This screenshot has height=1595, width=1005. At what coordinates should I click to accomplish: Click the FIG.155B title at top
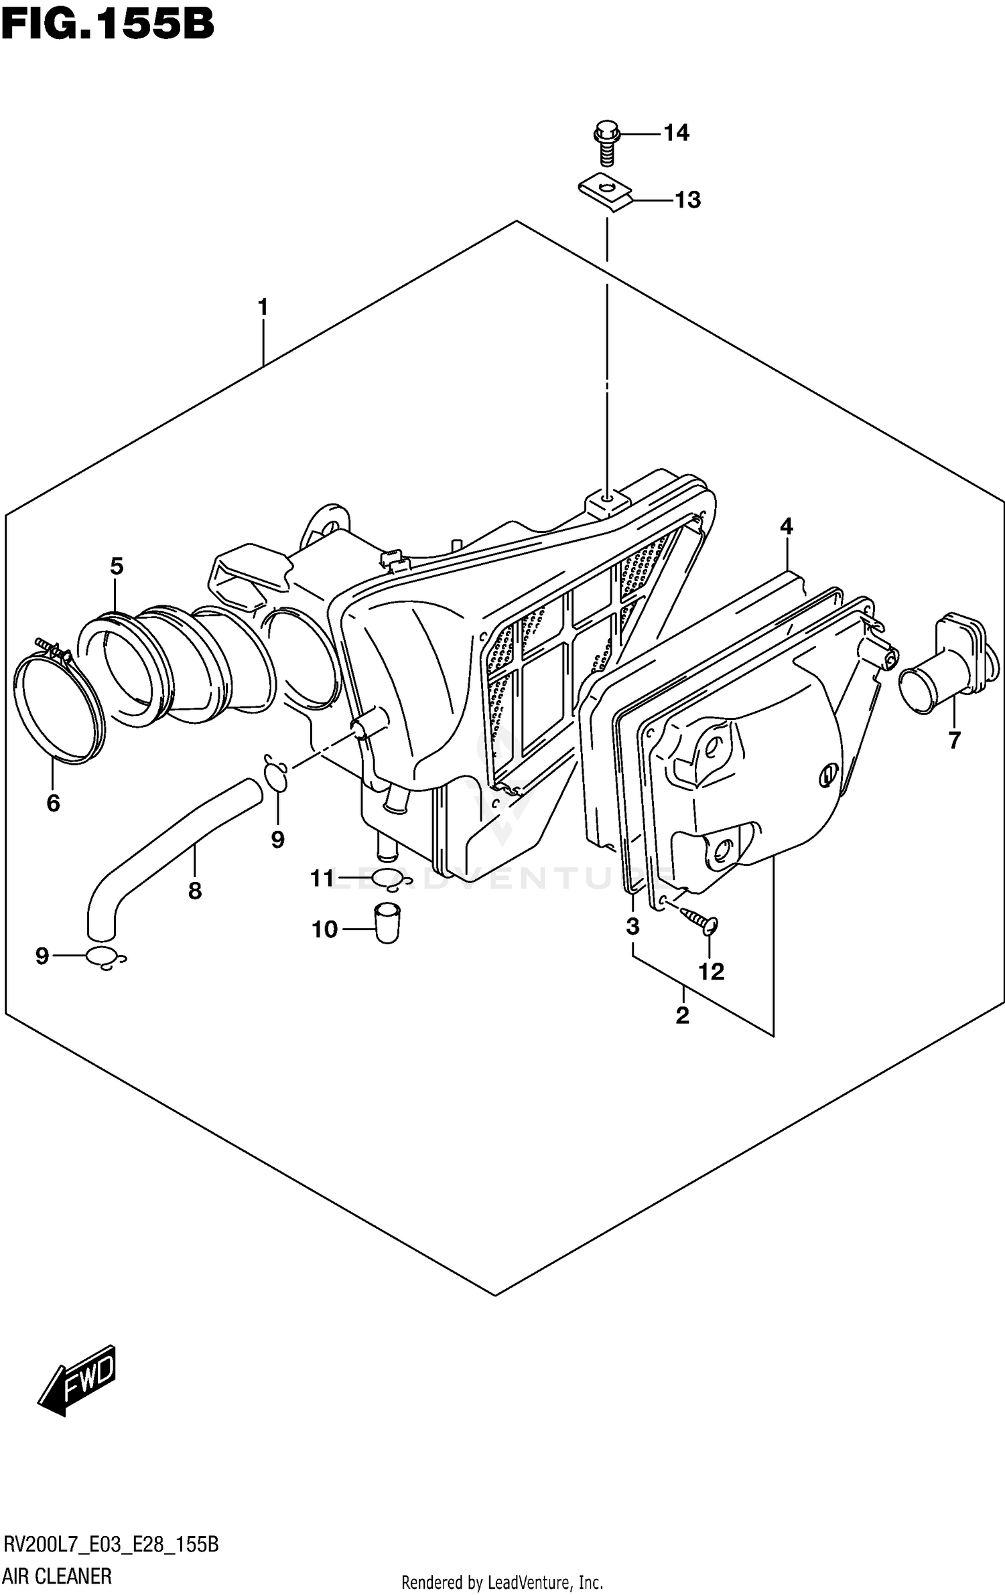tap(107, 25)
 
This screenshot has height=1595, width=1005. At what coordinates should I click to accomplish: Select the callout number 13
tap(687, 200)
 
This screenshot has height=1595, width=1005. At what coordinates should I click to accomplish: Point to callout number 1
tap(263, 307)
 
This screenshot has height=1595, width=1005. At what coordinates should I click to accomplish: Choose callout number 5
tap(117, 566)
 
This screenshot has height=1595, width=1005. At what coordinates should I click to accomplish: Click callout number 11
tap(322, 879)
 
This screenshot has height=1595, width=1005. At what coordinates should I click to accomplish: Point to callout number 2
tap(682, 1016)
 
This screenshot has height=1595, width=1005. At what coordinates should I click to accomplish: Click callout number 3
tap(632, 927)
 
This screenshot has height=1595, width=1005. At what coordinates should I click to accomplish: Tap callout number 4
tap(786, 526)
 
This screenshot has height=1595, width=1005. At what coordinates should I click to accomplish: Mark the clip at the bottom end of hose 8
tap(106, 960)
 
